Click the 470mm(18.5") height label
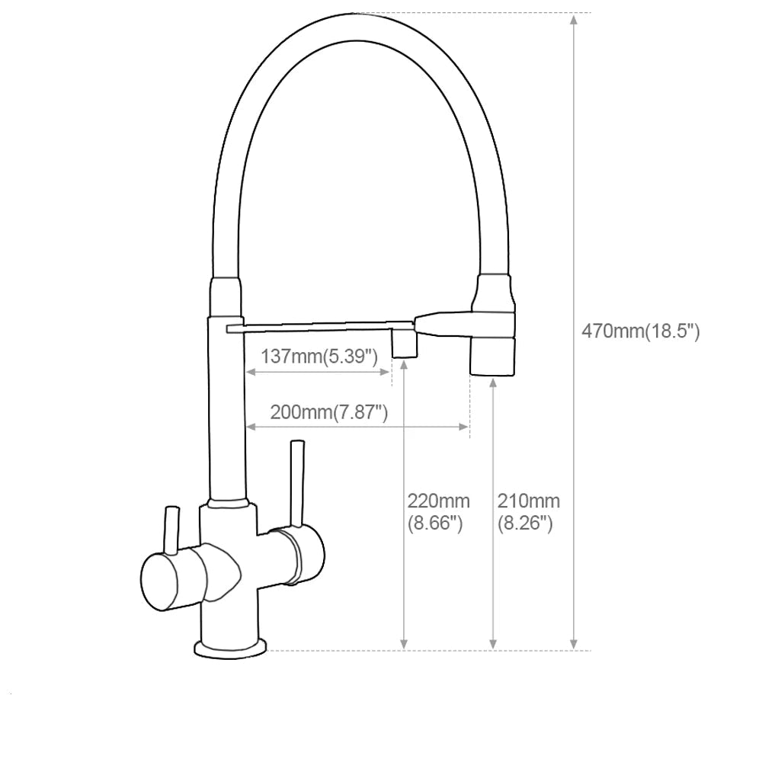[x=640, y=331]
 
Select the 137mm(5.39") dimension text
[x=319, y=356]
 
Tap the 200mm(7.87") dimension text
[x=329, y=412]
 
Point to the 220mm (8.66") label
[x=438, y=512]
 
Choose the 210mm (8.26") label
[x=528, y=512]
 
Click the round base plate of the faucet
[x=231, y=648]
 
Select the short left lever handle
[x=170, y=530]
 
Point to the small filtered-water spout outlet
[x=404, y=344]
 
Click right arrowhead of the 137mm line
[x=386, y=372]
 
